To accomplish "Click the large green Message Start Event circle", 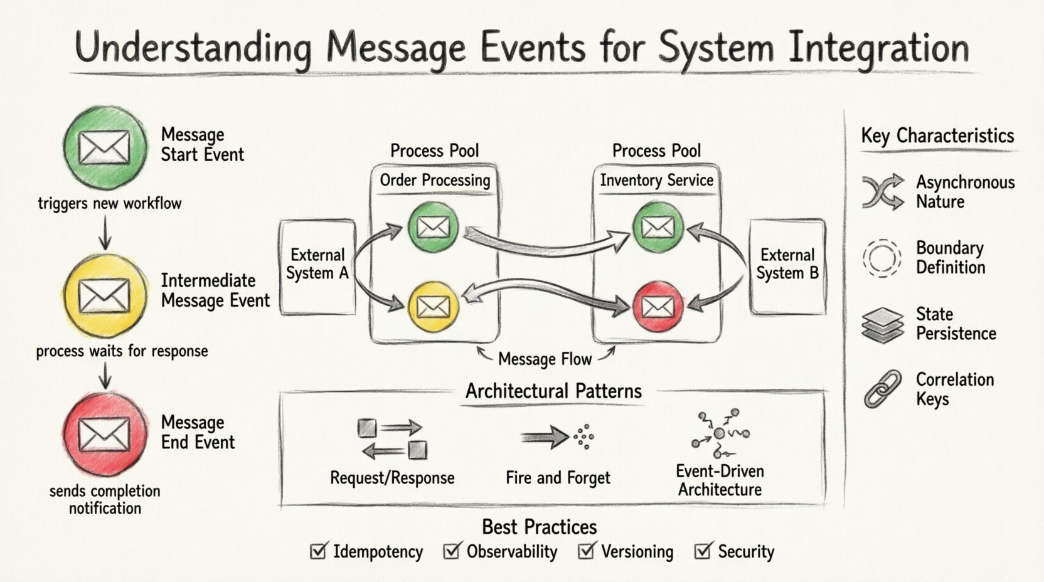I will pos(105,147).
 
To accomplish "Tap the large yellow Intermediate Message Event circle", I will pos(105,295).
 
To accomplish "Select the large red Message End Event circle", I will pos(105,435).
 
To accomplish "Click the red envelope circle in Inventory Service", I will pos(658,307).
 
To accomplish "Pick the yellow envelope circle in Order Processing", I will pos(433,307).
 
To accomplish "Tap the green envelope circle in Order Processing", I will pos(433,227).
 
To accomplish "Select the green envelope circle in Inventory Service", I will pos(658,227).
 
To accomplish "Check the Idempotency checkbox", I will pos(319,551).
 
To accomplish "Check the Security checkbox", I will pos(703,551).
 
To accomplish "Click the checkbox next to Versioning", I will pos(587,551).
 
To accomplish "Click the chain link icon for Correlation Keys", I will pos(882,389).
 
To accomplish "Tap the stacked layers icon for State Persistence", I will pos(882,324).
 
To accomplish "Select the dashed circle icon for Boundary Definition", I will pos(882,258).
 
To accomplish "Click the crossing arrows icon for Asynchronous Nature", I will pos(882,191).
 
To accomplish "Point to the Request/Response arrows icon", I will pos(392,439).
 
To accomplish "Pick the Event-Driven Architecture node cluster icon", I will pos(720,433).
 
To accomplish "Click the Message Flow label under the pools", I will pos(545,359).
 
